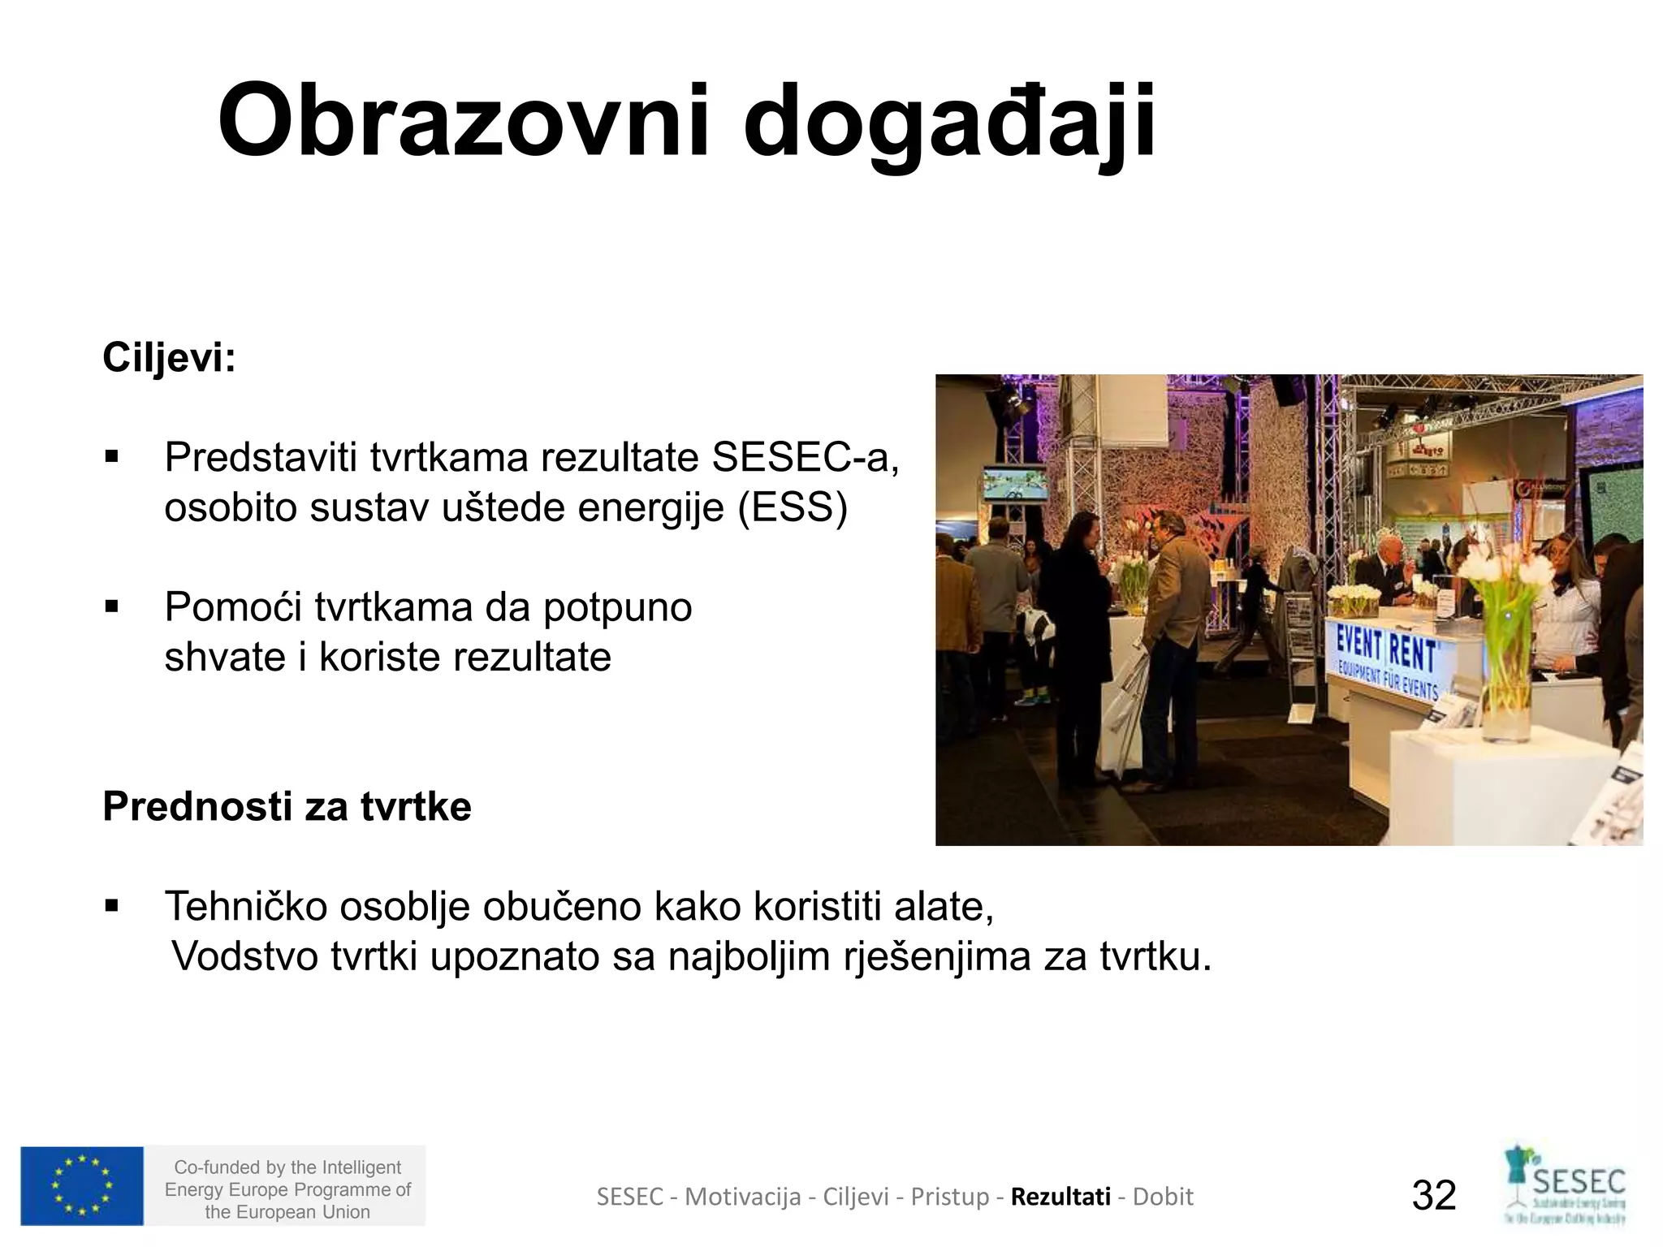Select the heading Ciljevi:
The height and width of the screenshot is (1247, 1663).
[169, 357]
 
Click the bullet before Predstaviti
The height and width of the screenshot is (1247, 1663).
[112, 458]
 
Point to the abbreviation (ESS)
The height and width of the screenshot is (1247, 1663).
[793, 508]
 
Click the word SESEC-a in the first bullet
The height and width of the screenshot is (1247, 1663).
[805, 457]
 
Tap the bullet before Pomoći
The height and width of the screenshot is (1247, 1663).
[112, 606]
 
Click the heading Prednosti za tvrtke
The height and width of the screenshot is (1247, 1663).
[287, 806]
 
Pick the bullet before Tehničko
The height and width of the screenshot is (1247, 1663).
[112, 906]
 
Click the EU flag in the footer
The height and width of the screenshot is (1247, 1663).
[82, 1185]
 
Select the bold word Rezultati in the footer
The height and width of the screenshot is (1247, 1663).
[1060, 1197]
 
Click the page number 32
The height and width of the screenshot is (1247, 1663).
[1434, 1195]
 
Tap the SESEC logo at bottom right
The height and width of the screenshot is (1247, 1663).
[1565, 1185]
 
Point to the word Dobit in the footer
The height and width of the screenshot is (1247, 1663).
[1163, 1197]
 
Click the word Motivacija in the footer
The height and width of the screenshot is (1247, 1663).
[742, 1197]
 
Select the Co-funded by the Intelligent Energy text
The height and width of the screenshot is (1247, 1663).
[287, 1189]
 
